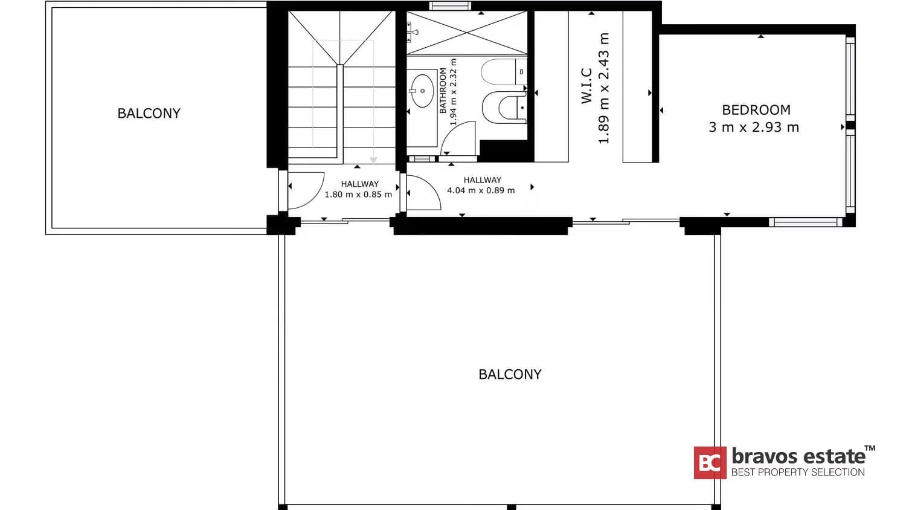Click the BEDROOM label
(756, 110)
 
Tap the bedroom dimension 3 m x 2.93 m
(754, 127)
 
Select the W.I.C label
(586, 86)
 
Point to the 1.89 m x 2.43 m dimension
(603, 88)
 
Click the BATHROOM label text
(443, 91)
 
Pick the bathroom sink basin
(422, 91)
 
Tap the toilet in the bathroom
(504, 108)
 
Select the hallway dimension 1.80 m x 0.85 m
(358, 195)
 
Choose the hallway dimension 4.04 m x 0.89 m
(481, 190)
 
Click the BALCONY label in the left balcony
(149, 114)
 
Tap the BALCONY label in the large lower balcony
(510, 375)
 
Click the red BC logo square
(710, 463)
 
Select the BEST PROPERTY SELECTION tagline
(798, 472)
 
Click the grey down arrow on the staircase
(373, 160)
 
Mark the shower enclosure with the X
(467, 33)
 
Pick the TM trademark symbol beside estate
(870, 448)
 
